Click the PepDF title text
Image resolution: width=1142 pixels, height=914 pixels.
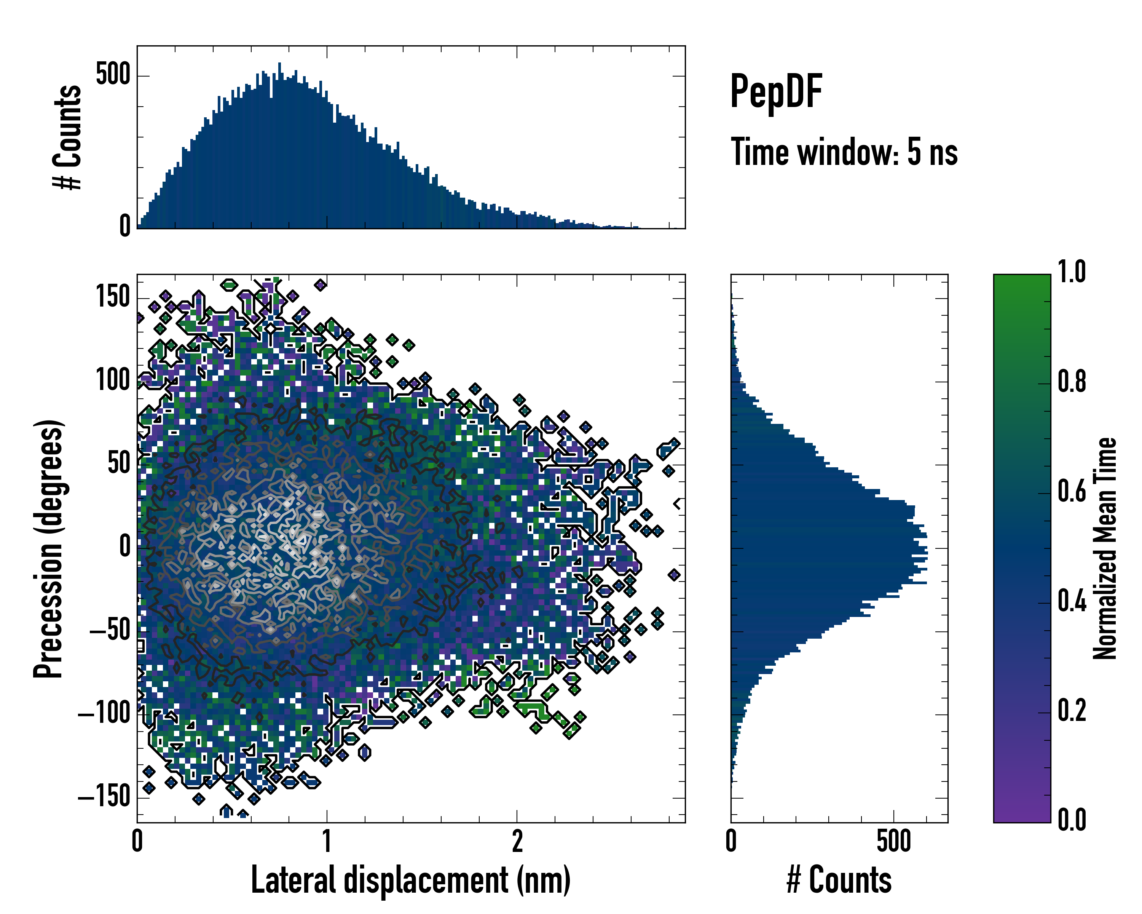tap(775, 92)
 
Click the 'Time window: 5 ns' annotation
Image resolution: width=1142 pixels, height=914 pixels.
tap(844, 152)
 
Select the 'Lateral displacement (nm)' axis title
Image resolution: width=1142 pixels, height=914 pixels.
tap(410, 880)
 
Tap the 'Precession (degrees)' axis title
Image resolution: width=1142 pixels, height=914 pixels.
tap(49, 548)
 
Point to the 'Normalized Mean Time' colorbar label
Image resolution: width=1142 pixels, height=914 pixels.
tap(1105, 548)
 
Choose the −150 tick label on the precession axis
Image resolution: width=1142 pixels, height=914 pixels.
tap(104, 796)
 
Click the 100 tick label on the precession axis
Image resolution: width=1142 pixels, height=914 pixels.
tap(113, 380)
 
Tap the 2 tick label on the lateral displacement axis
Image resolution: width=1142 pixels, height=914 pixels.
tap(517, 841)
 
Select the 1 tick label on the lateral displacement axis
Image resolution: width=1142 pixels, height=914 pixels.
tap(327, 841)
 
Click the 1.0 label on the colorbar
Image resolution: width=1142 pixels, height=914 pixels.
tap(1072, 272)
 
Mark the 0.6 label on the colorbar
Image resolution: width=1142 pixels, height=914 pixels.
tap(1072, 491)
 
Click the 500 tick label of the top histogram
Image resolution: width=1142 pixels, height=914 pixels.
tap(113, 75)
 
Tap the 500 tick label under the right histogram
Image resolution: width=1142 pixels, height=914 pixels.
tap(893, 841)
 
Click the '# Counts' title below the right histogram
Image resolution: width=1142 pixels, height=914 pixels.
tap(839, 880)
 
